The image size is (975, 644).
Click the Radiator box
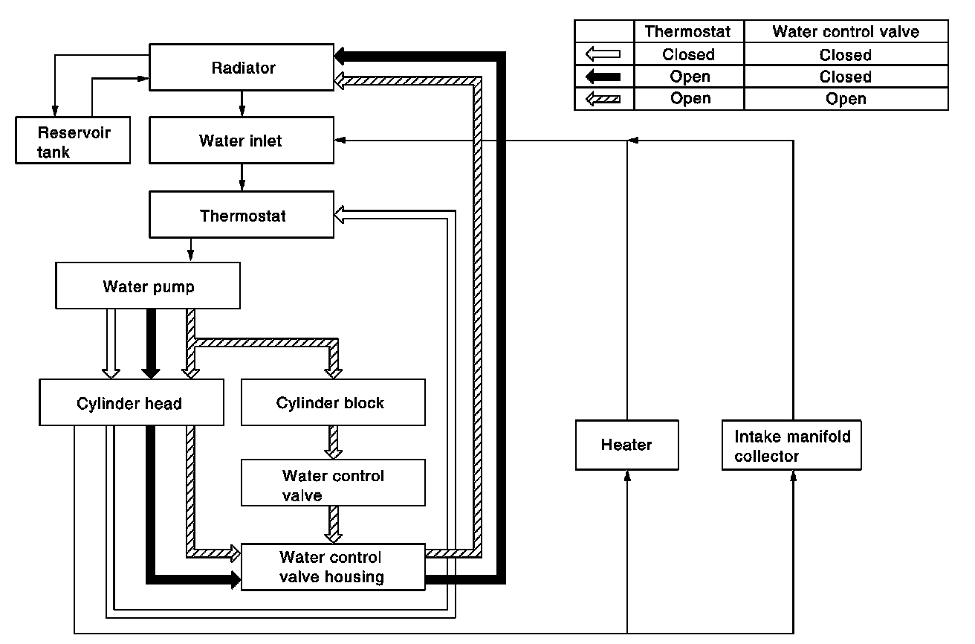click(x=242, y=68)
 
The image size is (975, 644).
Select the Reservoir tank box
click(x=74, y=141)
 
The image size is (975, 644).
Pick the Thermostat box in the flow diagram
click(x=242, y=216)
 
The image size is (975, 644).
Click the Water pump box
click(x=149, y=286)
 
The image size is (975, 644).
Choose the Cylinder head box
click(x=131, y=404)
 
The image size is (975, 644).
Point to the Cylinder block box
click(x=332, y=403)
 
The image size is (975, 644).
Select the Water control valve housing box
click(x=332, y=567)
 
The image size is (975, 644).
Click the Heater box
click(x=626, y=445)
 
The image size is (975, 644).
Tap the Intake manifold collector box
click(x=792, y=445)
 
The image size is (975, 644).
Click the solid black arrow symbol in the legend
click(x=603, y=77)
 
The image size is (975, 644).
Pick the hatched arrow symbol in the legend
click(x=603, y=99)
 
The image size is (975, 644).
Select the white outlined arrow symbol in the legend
click(x=603, y=54)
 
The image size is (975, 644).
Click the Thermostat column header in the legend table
click(x=688, y=32)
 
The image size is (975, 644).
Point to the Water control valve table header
click(x=846, y=32)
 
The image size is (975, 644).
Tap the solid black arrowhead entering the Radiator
click(x=341, y=55)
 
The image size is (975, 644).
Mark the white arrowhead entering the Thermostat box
click(x=341, y=216)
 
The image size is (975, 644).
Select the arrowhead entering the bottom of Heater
click(x=627, y=476)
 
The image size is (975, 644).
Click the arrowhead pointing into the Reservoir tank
click(x=54, y=112)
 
